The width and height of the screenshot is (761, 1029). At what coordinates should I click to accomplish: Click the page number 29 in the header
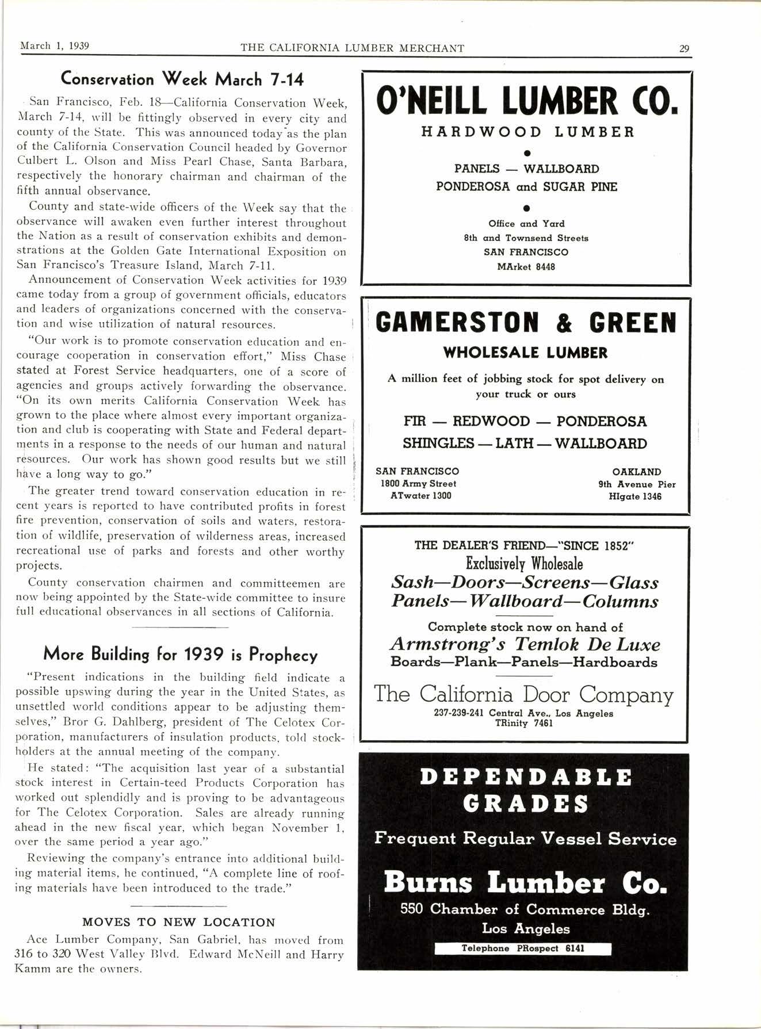[x=684, y=48]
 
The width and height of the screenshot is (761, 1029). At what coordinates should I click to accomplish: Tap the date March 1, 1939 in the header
[x=55, y=46]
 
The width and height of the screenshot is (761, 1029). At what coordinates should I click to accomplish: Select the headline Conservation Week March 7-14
[x=182, y=79]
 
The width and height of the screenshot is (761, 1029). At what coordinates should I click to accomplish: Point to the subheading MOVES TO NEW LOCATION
[x=179, y=922]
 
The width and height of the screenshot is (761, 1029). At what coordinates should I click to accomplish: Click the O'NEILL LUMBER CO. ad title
[x=526, y=102]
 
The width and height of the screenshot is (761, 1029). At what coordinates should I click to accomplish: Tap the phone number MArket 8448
[x=526, y=267]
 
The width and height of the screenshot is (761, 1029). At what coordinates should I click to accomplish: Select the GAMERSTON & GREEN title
[x=526, y=323]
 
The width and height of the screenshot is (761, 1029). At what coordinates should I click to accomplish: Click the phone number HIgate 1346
[x=635, y=496]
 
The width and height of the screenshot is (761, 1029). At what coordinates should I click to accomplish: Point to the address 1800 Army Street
[x=418, y=484]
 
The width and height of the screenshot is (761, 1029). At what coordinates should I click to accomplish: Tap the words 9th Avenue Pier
[x=637, y=484]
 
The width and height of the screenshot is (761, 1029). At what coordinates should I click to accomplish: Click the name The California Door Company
[x=523, y=694]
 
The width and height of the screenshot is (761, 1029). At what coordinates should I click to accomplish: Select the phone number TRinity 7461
[x=523, y=724]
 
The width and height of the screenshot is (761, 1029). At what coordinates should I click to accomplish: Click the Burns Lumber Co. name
[x=525, y=882]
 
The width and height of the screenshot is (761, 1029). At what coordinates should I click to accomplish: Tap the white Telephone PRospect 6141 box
[x=523, y=948]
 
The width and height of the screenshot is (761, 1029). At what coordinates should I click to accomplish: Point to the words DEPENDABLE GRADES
[x=526, y=790]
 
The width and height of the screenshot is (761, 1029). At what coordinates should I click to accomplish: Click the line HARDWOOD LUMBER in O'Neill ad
[x=527, y=132]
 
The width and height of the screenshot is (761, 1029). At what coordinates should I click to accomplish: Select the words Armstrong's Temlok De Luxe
[x=525, y=644]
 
